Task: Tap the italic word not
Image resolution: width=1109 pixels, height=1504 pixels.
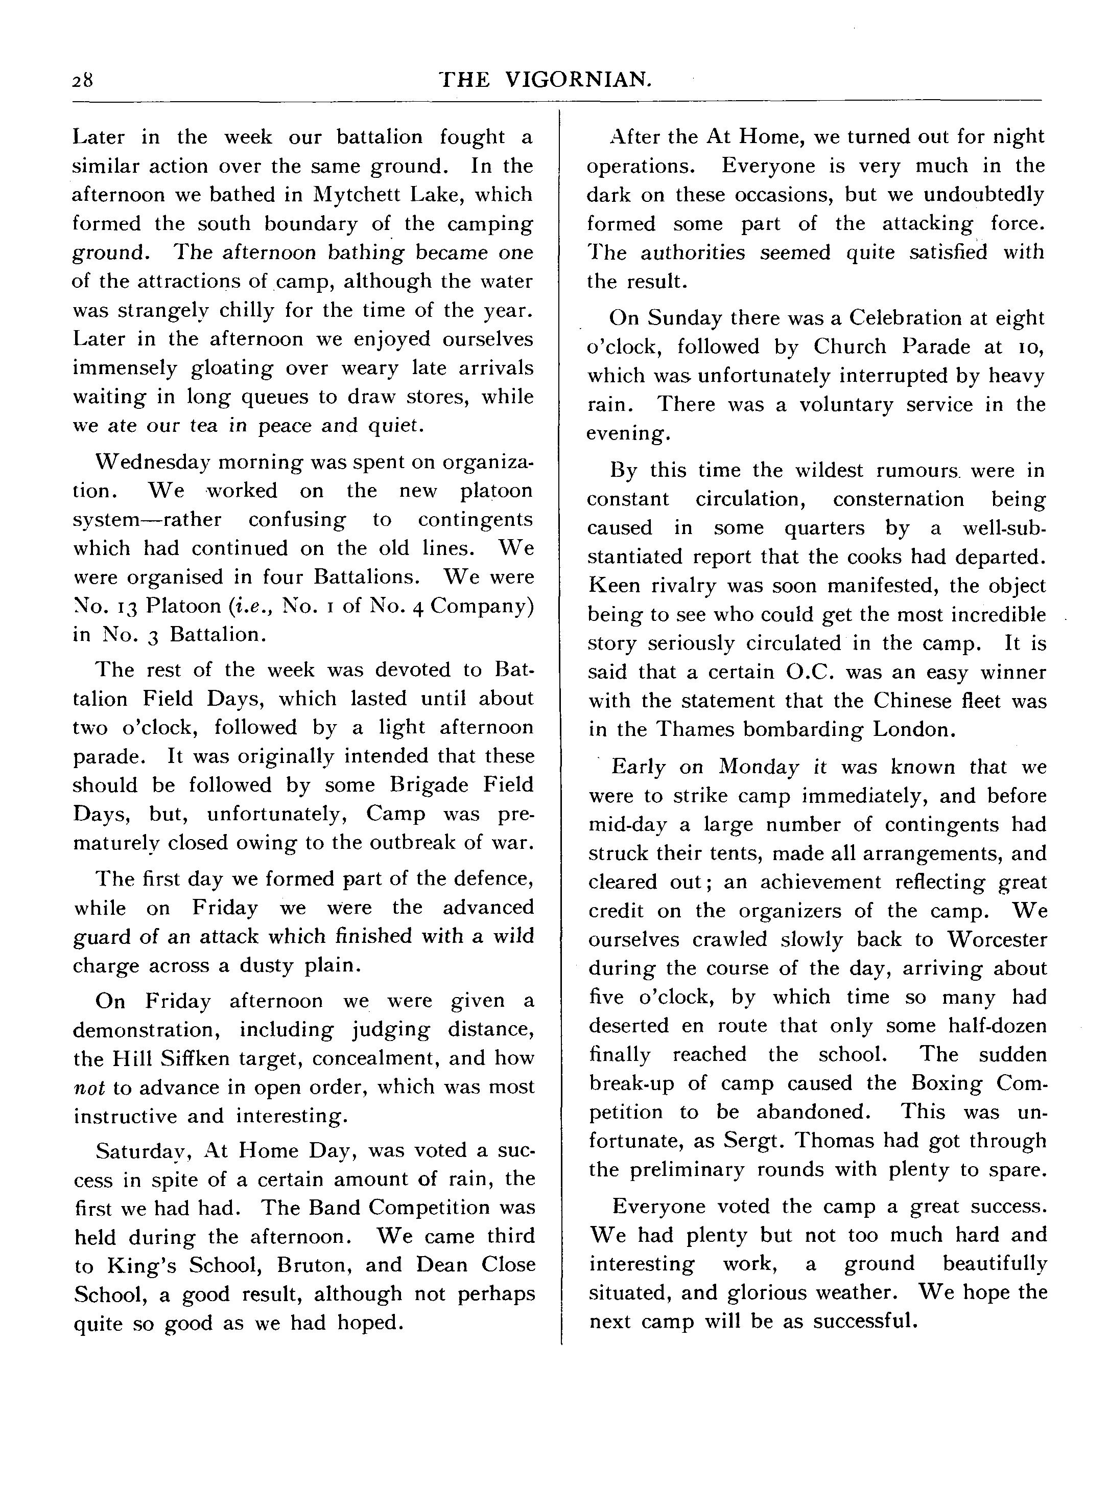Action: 88,1087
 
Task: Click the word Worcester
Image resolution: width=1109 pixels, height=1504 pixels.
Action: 997,939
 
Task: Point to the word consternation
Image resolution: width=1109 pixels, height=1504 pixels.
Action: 898,499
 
